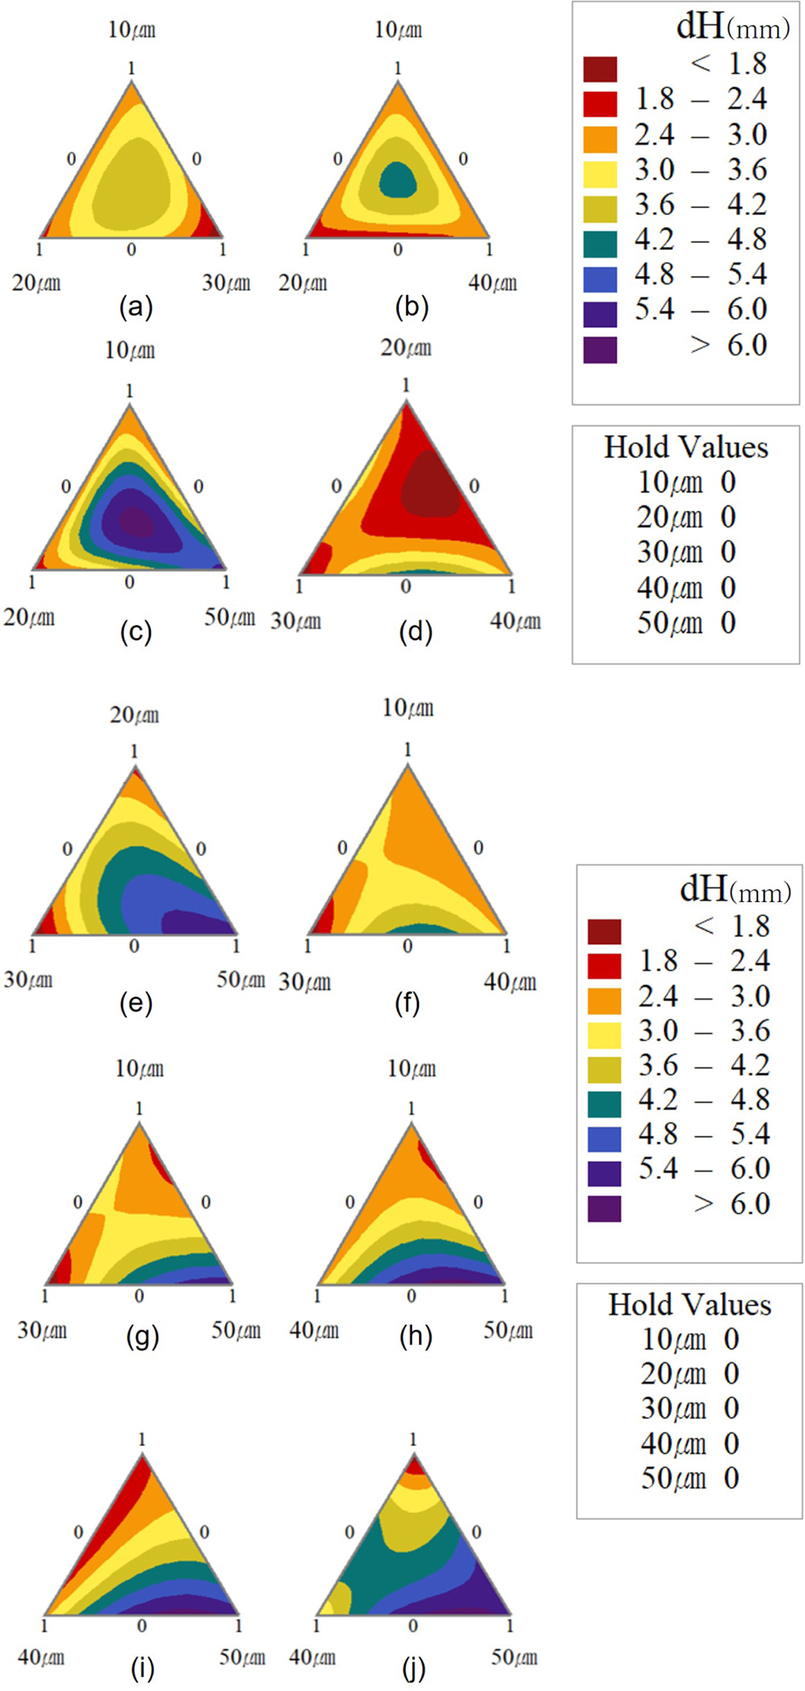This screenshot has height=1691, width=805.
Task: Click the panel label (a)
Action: tap(136, 307)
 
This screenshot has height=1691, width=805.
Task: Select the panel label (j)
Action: tap(414, 1668)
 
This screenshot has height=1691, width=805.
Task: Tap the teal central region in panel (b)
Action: tap(398, 179)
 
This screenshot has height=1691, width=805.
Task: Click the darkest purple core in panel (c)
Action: tap(136, 523)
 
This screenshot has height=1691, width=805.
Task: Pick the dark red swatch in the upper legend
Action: tap(599, 69)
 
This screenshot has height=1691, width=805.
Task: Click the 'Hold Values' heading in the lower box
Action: tap(690, 1305)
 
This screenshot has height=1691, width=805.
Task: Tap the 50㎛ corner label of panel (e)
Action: tap(240, 980)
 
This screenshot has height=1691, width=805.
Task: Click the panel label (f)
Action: tap(407, 1004)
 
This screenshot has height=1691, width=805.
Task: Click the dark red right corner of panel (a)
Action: tap(213, 230)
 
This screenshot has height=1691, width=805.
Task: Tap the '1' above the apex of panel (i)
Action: tap(142, 1439)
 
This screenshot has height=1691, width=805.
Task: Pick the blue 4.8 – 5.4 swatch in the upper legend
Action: tap(599, 279)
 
